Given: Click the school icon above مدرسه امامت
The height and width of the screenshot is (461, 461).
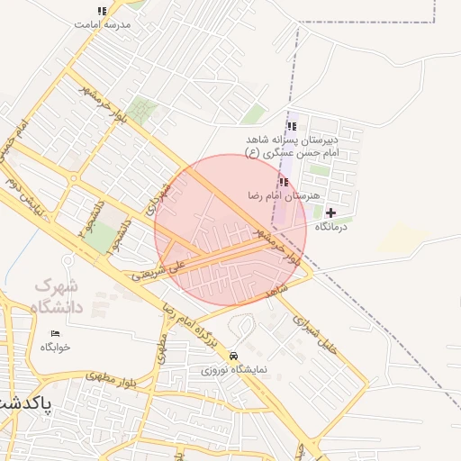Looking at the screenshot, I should [101, 12].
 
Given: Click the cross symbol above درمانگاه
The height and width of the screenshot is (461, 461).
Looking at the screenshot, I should [331, 212].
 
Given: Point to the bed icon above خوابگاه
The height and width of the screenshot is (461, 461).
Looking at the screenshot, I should [55, 333].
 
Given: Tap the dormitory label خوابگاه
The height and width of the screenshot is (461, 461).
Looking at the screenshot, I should [55, 347].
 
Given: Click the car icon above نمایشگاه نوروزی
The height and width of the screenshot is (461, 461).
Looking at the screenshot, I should [234, 356].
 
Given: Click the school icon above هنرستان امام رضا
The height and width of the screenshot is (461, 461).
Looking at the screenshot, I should [285, 182].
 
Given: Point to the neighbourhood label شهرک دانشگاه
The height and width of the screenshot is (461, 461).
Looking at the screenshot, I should [57, 296].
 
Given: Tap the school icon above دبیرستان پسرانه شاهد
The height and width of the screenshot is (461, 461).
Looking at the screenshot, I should [290, 126].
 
